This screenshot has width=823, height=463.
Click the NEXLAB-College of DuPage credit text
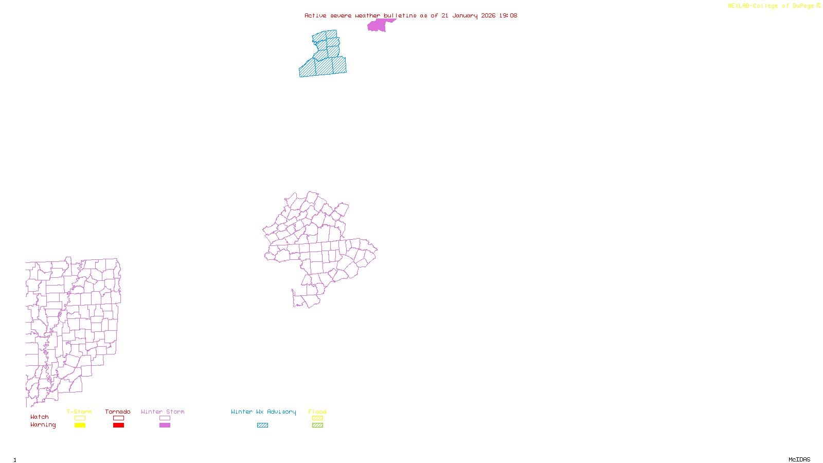point(773,6)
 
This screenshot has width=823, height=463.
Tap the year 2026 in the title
point(488,15)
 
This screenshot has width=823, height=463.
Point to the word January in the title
point(465,15)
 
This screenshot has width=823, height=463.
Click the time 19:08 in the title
point(508,15)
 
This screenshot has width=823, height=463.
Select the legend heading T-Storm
point(79,412)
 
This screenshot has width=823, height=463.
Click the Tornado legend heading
point(118,412)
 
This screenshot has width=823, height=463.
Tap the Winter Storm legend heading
point(163,412)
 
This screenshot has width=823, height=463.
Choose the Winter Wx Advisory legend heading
point(263,412)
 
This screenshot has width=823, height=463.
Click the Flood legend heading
point(317,412)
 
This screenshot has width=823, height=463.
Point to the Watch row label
point(40,417)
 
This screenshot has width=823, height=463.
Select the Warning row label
point(43,425)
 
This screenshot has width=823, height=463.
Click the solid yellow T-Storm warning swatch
point(80,425)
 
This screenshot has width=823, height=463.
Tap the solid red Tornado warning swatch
point(118,425)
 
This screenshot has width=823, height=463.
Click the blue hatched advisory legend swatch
point(262,425)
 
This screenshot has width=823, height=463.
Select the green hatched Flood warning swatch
point(318,425)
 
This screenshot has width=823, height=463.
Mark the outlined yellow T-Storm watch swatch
point(80,418)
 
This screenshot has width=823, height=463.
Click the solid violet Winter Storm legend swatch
point(165,425)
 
